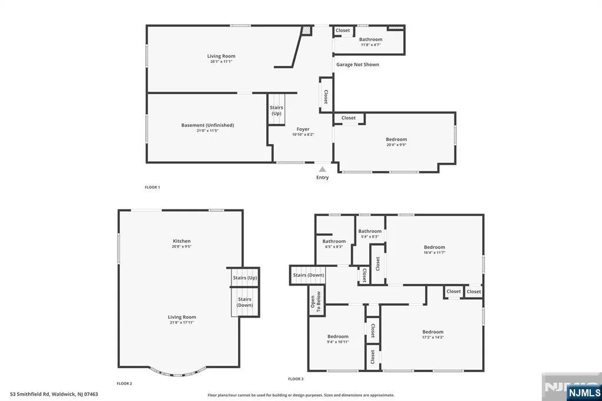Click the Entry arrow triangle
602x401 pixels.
pos(323,169)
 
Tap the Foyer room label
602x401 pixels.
pos(303,129)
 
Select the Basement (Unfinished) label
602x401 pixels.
pos(208,125)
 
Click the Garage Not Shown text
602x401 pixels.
pos(357,65)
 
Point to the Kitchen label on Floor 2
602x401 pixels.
pos(182,241)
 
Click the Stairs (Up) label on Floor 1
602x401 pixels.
pos(276,110)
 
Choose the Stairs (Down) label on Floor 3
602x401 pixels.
pos(308,275)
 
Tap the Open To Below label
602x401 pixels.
pos(316,301)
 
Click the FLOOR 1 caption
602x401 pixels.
pos(152,187)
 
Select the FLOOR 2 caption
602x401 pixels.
pos(125,383)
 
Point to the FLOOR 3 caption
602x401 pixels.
pos(296,379)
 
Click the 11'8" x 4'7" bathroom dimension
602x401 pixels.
pos(370,45)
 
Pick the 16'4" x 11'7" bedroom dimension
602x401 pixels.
pos(434,252)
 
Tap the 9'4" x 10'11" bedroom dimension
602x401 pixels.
pos(338,342)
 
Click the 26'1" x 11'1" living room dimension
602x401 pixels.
pos(221,61)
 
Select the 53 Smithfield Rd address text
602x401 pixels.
pos(54,394)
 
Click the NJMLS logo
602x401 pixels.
pos(584,393)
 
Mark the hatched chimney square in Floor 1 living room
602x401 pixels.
pos(306,31)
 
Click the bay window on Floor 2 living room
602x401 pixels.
pos(178,373)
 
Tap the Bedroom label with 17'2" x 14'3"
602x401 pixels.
pos(433,332)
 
